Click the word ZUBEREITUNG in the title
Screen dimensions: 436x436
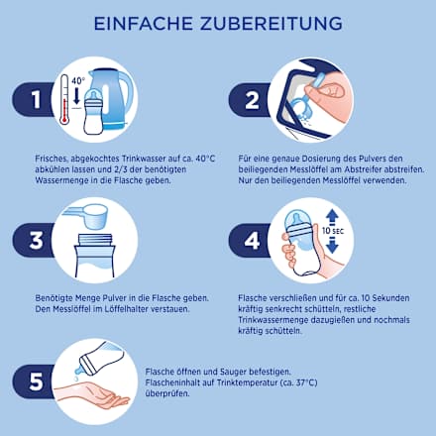point(271,24)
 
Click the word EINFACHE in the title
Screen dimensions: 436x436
point(144,24)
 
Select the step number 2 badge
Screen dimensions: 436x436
point(252,100)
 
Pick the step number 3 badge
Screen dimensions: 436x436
point(36,240)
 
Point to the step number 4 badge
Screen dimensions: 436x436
point(252,241)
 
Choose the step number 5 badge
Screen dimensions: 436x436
point(36,381)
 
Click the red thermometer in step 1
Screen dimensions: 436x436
point(64,99)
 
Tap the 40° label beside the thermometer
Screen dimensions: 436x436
point(78,81)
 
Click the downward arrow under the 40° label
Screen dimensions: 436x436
point(77,95)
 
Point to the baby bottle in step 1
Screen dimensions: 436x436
point(93,112)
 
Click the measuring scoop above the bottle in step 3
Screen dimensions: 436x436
point(86,215)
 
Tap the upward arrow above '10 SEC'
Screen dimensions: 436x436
point(332,219)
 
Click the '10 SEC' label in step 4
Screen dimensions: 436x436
point(333,231)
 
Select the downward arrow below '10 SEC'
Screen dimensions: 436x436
point(332,246)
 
